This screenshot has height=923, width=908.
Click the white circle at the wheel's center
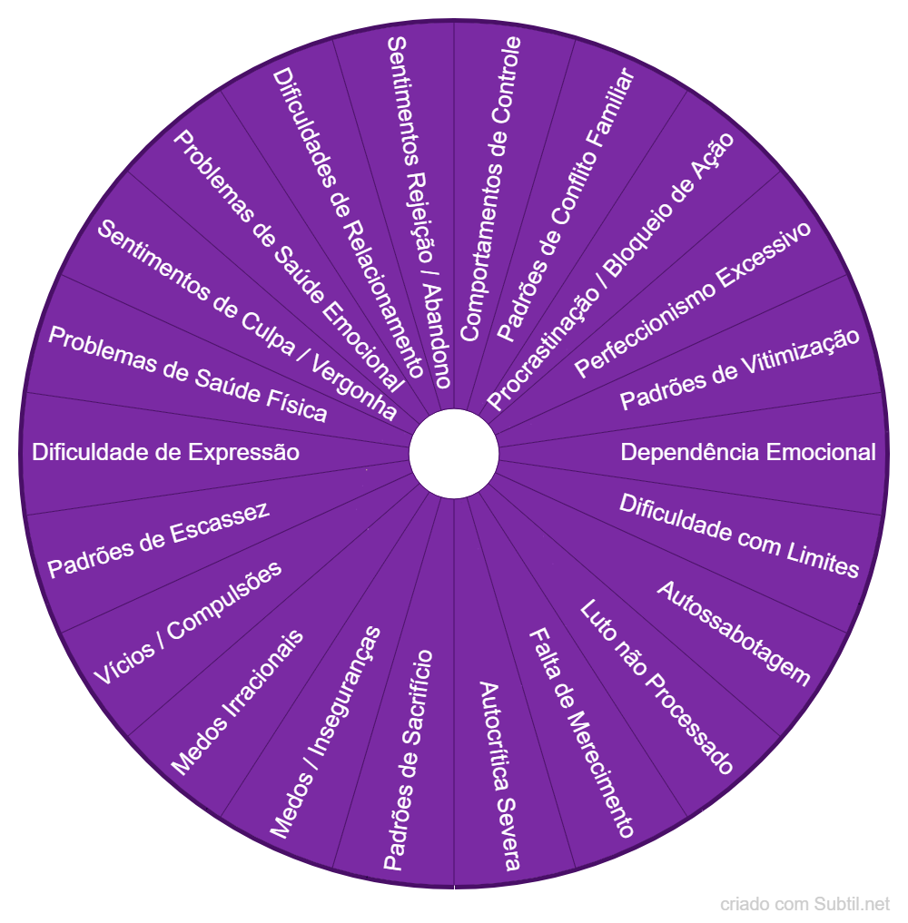454,453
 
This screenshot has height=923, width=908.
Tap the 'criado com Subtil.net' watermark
805,904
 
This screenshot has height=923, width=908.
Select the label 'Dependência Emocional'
748,452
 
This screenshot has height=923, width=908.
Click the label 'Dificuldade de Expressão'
165,452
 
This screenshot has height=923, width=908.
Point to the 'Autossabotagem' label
734,633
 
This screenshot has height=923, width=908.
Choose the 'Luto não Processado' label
656,687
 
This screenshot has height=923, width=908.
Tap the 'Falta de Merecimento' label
582,732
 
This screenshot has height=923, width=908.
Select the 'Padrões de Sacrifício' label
408,760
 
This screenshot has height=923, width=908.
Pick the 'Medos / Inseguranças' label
325,732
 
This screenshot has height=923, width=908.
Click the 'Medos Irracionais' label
237,702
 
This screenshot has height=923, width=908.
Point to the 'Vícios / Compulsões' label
188,623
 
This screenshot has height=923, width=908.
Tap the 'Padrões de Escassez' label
158,539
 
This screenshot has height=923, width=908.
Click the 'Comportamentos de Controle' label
490,189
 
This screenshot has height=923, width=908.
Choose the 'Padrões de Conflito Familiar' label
566,205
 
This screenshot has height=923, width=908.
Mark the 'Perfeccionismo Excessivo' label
693,299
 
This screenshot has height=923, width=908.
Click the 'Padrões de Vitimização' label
740,369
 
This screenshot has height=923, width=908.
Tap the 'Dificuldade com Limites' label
739,535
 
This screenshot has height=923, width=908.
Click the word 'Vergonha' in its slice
354,388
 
